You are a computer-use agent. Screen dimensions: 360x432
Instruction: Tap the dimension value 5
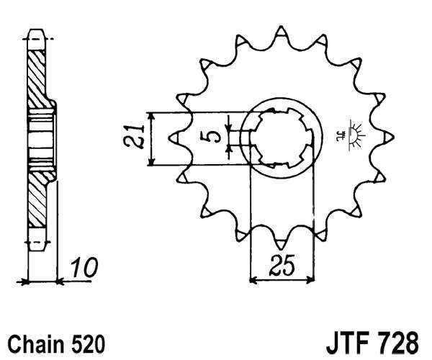click(214, 136)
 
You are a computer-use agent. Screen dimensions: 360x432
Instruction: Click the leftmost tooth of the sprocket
click(174, 135)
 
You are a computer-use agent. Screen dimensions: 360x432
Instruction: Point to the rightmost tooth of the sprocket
click(389, 135)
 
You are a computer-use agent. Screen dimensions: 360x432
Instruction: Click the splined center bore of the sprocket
click(282, 136)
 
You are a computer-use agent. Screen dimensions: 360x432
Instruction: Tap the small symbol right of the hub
click(354, 135)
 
